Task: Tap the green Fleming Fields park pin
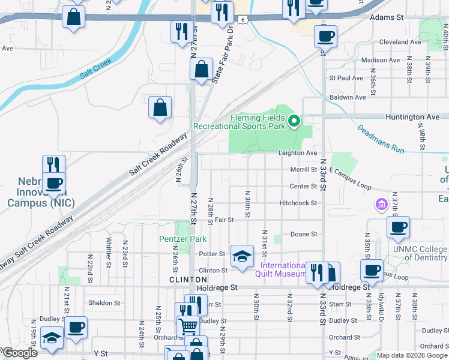(294, 122)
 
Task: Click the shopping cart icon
(188, 326)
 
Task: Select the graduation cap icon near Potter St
(241, 257)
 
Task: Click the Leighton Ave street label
(297, 154)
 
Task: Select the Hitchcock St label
(298, 203)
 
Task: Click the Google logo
(20, 353)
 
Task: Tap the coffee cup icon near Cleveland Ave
(325, 37)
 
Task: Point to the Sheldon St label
(104, 303)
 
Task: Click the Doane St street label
(303, 234)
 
